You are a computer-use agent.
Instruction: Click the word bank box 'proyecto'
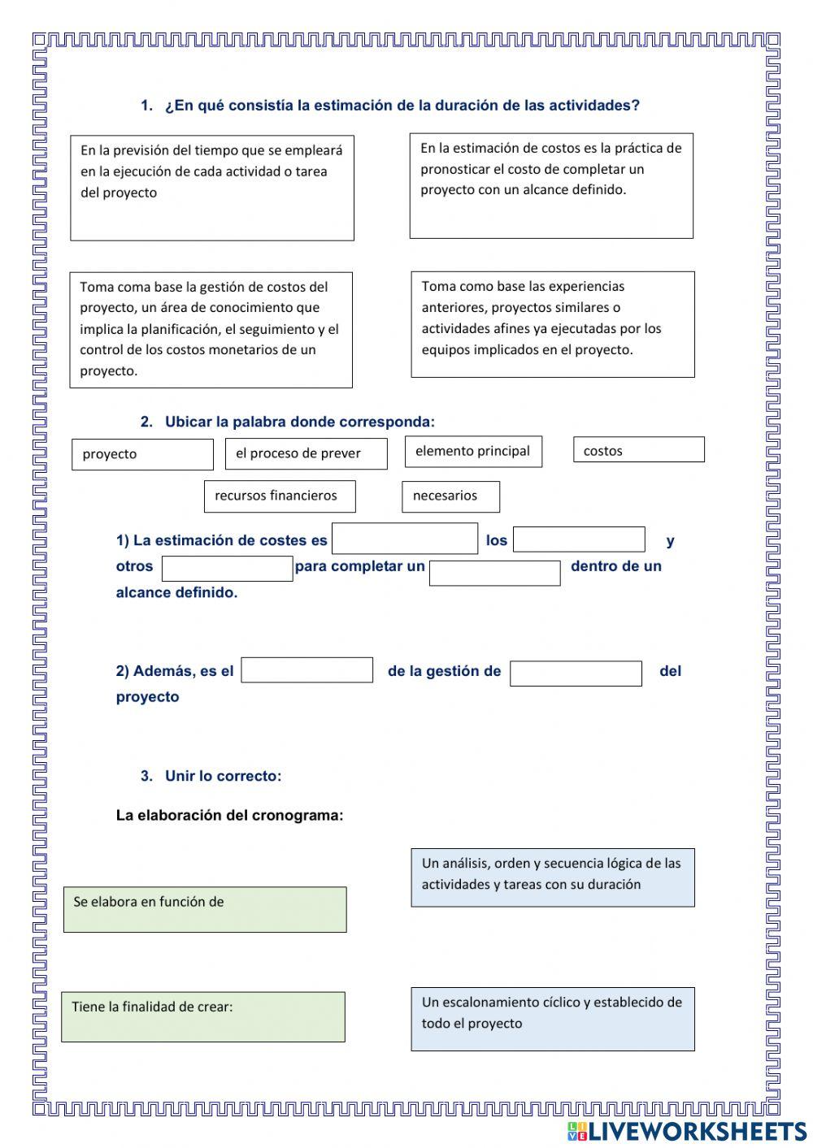pyautogui.click(x=142, y=454)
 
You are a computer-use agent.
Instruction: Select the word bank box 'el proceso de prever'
pyautogui.click(x=306, y=453)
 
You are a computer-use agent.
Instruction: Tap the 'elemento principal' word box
pyautogui.click(x=473, y=452)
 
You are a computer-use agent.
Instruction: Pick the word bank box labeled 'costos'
pyautogui.click(x=638, y=450)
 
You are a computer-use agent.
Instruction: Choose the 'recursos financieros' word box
pyautogui.click(x=280, y=496)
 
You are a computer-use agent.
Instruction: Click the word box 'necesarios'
pyautogui.click(x=450, y=496)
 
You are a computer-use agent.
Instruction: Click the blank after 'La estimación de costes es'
pyautogui.click(x=405, y=539)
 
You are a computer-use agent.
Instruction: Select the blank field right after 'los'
pyautogui.click(x=579, y=539)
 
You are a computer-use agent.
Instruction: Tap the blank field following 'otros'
pyautogui.click(x=227, y=569)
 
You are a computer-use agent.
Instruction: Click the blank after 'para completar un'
pyautogui.click(x=494, y=573)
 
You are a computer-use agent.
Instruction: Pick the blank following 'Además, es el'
pyautogui.click(x=307, y=670)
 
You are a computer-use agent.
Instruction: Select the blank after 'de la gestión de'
pyautogui.click(x=576, y=674)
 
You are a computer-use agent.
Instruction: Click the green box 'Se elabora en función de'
pyautogui.click(x=205, y=909)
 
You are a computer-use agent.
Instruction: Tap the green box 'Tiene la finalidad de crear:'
pyautogui.click(x=203, y=1016)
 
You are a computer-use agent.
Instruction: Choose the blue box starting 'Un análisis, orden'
pyautogui.click(x=553, y=877)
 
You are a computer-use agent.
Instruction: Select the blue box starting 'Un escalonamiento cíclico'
pyautogui.click(x=553, y=1019)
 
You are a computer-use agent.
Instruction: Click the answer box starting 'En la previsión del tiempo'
pyautogui.click(x=212, y=188)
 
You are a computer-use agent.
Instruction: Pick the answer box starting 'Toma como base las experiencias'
pyautogui.click(x=553, y=324)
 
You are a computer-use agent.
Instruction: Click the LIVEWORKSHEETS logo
pyautogui.click(x=687, y=1130)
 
